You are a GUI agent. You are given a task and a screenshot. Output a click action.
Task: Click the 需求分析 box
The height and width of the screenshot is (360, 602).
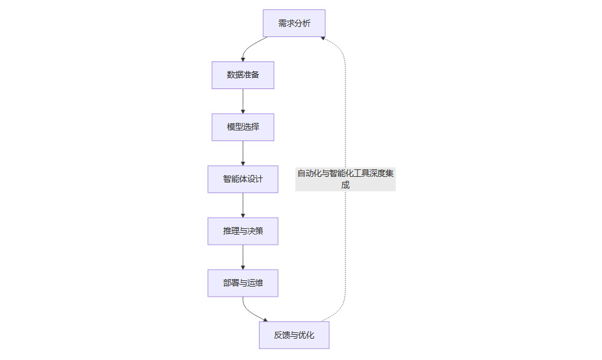click(293, 23)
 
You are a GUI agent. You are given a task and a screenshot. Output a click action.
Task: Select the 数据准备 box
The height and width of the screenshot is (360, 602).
click(243, 75)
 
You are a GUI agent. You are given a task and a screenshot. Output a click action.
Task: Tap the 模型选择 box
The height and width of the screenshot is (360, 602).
click(243, 127)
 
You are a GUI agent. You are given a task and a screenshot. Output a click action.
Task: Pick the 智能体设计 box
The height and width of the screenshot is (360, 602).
click(243, 179)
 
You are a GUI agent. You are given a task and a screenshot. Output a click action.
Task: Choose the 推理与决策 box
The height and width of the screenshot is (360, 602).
click(243, 231)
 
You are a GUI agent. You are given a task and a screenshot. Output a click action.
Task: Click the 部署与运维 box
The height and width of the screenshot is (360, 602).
click(243, 283)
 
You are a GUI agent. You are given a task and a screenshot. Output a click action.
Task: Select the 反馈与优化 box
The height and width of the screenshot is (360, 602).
click(293, 336)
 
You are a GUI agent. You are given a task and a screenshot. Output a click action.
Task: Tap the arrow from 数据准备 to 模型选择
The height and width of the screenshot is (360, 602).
click(243, 101)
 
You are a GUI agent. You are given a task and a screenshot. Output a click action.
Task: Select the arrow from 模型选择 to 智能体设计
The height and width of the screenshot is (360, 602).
click(243, 153)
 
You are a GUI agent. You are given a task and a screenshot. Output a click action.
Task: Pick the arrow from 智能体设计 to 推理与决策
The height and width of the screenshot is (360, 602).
click(243, 205)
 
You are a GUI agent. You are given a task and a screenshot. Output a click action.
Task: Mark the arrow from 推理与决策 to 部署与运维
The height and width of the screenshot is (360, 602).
click(243, 257)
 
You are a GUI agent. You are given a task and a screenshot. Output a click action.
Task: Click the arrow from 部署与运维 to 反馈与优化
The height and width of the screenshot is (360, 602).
click(251, 312)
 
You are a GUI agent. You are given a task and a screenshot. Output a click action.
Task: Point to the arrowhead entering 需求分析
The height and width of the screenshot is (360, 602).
click(322, 39)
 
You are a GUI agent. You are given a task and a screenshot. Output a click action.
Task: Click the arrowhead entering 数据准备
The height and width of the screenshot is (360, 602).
click(243, 59)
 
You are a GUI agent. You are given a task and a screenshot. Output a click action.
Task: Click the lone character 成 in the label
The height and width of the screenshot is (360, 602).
click(346, 185)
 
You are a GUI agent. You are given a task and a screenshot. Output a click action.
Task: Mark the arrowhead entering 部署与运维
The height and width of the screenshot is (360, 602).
click(243, 267)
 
